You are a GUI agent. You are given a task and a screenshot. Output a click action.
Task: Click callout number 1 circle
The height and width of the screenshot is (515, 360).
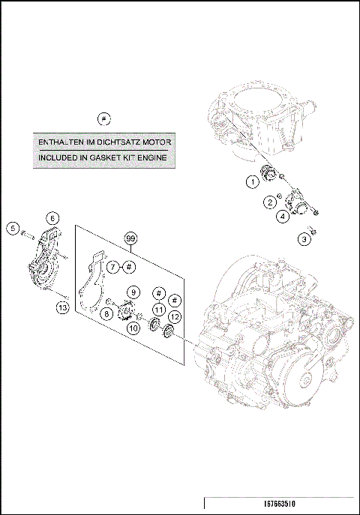(253, 181)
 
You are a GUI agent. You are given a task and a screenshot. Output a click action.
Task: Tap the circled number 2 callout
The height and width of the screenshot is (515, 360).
(270, 202)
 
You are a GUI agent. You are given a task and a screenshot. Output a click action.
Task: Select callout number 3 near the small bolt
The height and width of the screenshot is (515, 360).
(304, 239)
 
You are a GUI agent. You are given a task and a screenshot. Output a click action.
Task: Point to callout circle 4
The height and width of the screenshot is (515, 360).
(283, 216)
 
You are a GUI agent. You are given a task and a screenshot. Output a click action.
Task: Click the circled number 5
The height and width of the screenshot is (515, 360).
(13, 228)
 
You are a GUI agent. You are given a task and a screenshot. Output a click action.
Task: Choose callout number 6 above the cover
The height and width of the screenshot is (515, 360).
(52, 218)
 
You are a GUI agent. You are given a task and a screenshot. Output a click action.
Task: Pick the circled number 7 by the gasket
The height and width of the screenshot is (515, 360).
(113, 267)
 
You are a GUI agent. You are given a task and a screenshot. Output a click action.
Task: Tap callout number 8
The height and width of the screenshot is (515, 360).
(106, 314)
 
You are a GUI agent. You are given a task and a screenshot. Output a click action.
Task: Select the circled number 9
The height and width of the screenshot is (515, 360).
(133, 292)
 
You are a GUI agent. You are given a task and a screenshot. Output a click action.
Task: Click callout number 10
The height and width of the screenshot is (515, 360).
(133, 328)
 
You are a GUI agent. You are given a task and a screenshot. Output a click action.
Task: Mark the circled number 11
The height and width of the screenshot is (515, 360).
(159, 310)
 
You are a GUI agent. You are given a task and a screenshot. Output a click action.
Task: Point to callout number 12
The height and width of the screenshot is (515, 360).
(175, 316)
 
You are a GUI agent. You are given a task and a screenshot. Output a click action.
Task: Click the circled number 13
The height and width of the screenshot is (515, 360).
(63, 308)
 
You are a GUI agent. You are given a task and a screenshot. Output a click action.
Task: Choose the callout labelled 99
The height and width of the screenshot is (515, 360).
(130, 238)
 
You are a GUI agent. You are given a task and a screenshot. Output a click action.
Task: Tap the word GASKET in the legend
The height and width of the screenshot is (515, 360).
(103, 157)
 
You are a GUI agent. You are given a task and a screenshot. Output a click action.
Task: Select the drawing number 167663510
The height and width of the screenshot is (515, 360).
(280, 504)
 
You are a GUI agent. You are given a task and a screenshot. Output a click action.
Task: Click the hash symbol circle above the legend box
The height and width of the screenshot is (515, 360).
(104, 118)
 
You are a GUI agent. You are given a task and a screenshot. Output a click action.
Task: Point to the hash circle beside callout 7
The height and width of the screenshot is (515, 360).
(129, 267)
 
